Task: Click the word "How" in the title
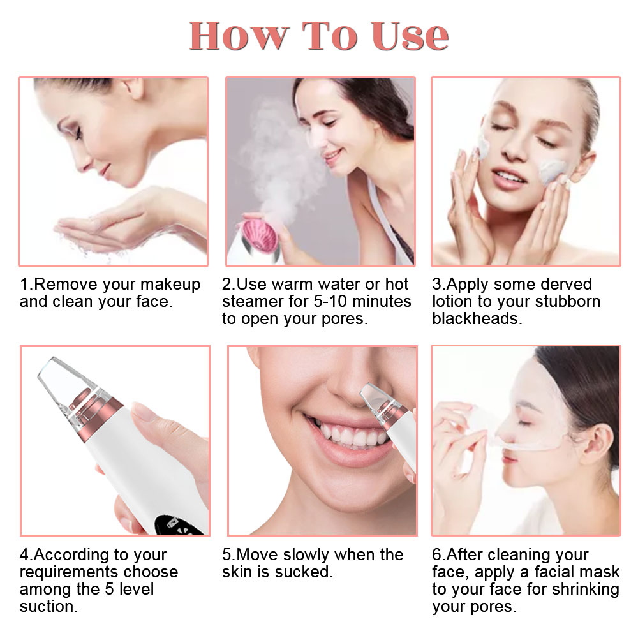(239, 36)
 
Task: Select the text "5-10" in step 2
(330, 302)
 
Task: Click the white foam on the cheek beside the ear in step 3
(552, 171)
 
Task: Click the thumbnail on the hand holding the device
(145, 412)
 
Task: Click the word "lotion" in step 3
(452, 302)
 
